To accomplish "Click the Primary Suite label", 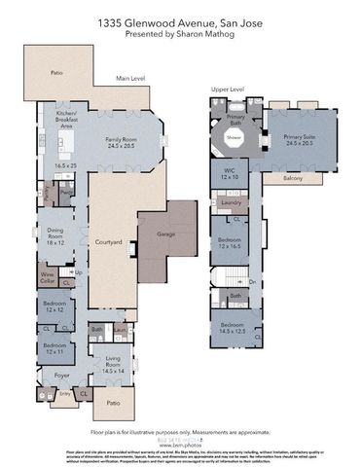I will (300, 138).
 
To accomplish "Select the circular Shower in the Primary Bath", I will (234, 138).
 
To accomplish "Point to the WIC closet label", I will (231, 170).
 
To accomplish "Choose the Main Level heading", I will (130, 78).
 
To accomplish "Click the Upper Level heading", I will (228, 89).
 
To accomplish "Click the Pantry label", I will (67, 194).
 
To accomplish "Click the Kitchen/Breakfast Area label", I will (66, 120).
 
